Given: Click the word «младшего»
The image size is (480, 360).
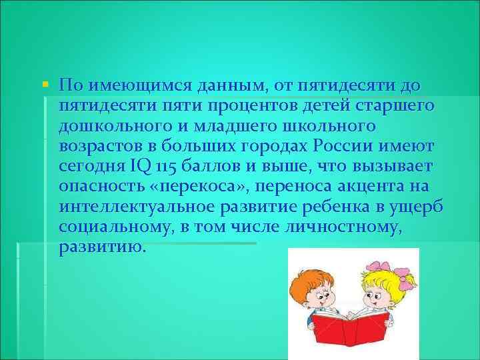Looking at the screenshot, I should (x=243, y=126).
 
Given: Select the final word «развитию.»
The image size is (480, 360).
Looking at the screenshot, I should (x=101, y=246).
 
